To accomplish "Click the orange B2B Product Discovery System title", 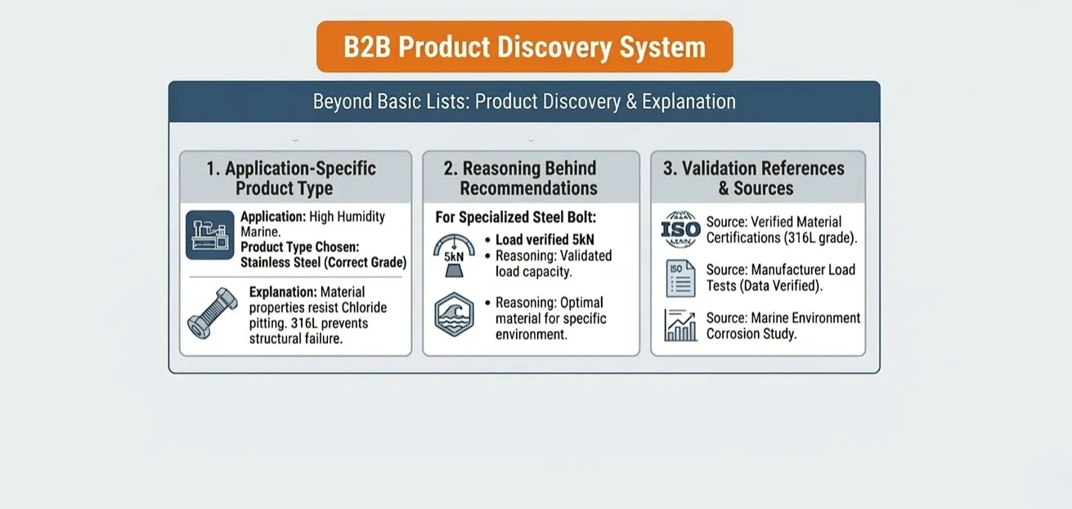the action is [524, 47].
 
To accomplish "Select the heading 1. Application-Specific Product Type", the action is [291, 178].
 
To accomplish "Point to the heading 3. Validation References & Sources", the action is [754, 178].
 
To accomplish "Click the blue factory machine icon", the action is [210, 235].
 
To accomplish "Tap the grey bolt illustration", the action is [213, 313].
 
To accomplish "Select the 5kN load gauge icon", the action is [454, 255].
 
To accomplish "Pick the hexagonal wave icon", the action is [454, 314].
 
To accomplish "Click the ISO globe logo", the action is [680, 229].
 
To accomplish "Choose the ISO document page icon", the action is [680, 278].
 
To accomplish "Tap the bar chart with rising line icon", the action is [680, 325].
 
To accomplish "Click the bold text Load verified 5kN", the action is [545, 240].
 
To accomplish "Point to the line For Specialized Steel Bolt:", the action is [515, 218].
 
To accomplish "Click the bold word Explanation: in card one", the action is [283, 291].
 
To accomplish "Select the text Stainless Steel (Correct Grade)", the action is [324, 263].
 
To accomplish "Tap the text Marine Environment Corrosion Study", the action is [783, 326].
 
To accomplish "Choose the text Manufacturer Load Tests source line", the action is [781, 277].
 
